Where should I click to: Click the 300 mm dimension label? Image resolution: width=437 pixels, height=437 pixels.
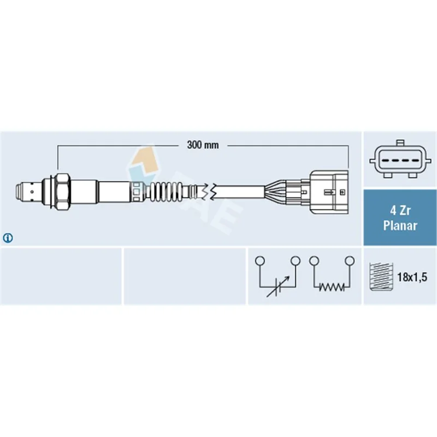203,145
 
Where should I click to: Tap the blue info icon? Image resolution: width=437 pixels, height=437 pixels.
8,238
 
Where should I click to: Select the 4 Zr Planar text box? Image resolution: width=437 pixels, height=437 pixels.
400,217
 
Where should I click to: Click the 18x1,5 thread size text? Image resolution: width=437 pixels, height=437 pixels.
412,277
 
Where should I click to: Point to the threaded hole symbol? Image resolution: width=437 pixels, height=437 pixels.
381,277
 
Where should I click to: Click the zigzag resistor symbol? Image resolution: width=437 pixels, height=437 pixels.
332,287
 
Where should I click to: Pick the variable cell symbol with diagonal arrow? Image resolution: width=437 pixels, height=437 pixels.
277,287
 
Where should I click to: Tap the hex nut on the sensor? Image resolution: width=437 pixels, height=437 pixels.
62,192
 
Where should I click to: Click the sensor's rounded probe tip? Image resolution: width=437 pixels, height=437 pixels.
20,192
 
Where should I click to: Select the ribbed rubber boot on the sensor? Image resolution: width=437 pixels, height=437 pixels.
167,192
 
